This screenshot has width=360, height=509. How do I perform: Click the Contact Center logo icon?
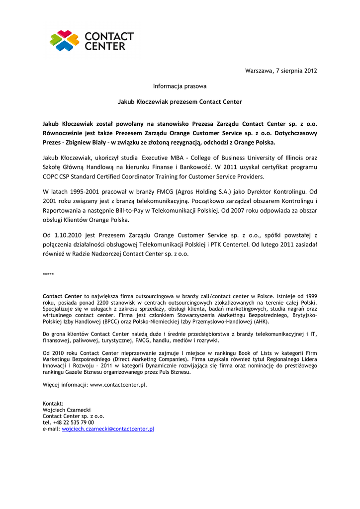pos(65,41)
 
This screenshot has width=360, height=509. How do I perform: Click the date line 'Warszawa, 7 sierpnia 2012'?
pos(281,71)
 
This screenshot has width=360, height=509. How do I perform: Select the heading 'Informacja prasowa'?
pos(180,86)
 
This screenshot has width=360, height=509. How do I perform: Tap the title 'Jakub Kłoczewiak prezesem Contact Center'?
pos(180,102)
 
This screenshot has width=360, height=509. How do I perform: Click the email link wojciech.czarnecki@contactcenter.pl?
pos(108,428)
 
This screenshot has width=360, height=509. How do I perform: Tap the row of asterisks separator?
pos(48,275)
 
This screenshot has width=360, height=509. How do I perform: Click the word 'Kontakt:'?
pos(53,404)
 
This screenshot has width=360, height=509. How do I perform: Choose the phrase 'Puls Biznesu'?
pos(174,372)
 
